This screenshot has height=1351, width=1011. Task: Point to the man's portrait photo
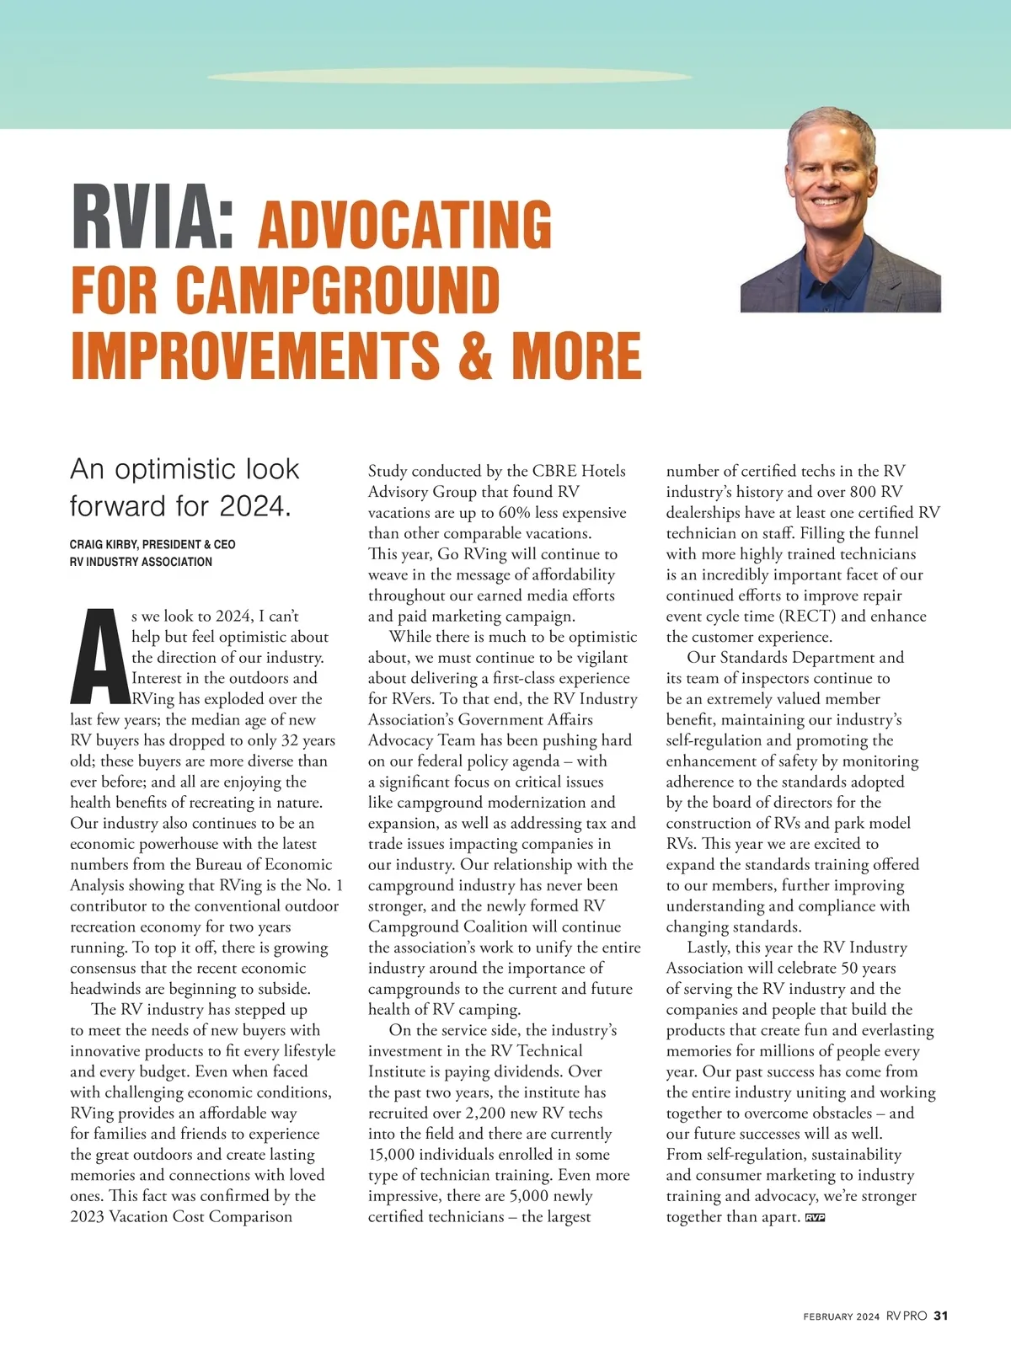840,211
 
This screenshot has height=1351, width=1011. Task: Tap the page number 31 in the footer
941,1316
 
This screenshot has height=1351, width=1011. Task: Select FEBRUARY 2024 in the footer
841,1316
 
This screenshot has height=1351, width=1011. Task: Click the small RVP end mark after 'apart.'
815,1217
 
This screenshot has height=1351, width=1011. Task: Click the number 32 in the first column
288,741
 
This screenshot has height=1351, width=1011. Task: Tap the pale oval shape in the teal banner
451,76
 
